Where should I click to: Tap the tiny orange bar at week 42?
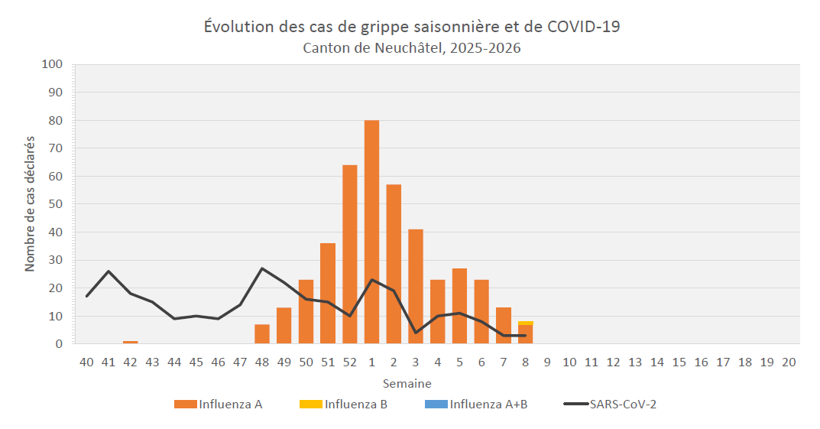131,342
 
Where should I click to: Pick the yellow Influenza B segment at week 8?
525,323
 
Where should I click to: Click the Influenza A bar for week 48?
262,334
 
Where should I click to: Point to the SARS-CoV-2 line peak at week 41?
109,271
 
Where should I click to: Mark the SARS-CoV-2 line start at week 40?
87,296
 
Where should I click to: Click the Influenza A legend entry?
219,405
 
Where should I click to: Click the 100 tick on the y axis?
51,64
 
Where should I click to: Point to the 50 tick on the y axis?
54,204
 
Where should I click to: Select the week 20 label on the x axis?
789,362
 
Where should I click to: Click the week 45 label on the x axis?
196,362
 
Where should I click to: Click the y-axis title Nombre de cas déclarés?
31,204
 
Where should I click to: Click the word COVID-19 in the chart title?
584,27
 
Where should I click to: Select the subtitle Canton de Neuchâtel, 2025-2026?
412,48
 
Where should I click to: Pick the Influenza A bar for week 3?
416,287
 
